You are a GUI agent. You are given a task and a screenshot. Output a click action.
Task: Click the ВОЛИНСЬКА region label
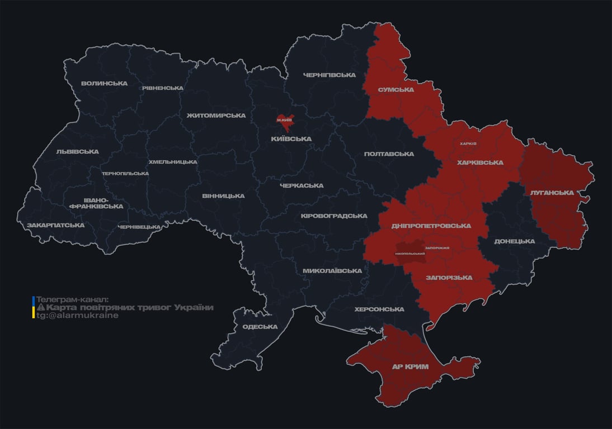tap(104, 84)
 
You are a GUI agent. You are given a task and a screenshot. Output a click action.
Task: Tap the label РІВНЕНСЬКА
tap(162, 88)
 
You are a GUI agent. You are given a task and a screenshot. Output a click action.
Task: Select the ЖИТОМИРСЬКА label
tap(216, 116)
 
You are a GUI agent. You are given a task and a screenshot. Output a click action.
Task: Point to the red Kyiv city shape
tap(285, 120)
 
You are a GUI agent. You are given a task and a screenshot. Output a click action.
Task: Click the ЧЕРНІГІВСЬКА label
tap(329, 75)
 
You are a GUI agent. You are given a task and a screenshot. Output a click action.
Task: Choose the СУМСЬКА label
tap(396, 89)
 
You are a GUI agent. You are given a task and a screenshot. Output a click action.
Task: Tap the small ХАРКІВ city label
tap(468, 144)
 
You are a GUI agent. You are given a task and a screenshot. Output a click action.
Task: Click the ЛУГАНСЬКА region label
tap(552, 193)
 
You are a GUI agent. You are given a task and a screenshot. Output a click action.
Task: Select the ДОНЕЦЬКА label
tap(515, 241)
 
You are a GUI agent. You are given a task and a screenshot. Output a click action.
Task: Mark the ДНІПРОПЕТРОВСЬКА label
tap(431, 226)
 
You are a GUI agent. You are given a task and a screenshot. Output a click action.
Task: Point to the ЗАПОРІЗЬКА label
tap(449, 278)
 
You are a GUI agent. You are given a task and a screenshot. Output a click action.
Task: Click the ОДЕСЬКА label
tap(260, 327)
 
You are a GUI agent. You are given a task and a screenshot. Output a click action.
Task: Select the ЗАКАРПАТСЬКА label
tap(56, 225)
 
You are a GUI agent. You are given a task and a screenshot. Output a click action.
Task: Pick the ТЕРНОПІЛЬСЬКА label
tap(125, 173)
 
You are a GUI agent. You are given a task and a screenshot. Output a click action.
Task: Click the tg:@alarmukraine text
tap(77, 316)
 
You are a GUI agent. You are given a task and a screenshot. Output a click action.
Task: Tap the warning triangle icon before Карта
tap(40, 308)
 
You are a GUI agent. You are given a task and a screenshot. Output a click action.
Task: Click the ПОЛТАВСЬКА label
tap(389, 154)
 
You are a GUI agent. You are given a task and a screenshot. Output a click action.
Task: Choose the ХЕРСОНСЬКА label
tap(379, 309)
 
